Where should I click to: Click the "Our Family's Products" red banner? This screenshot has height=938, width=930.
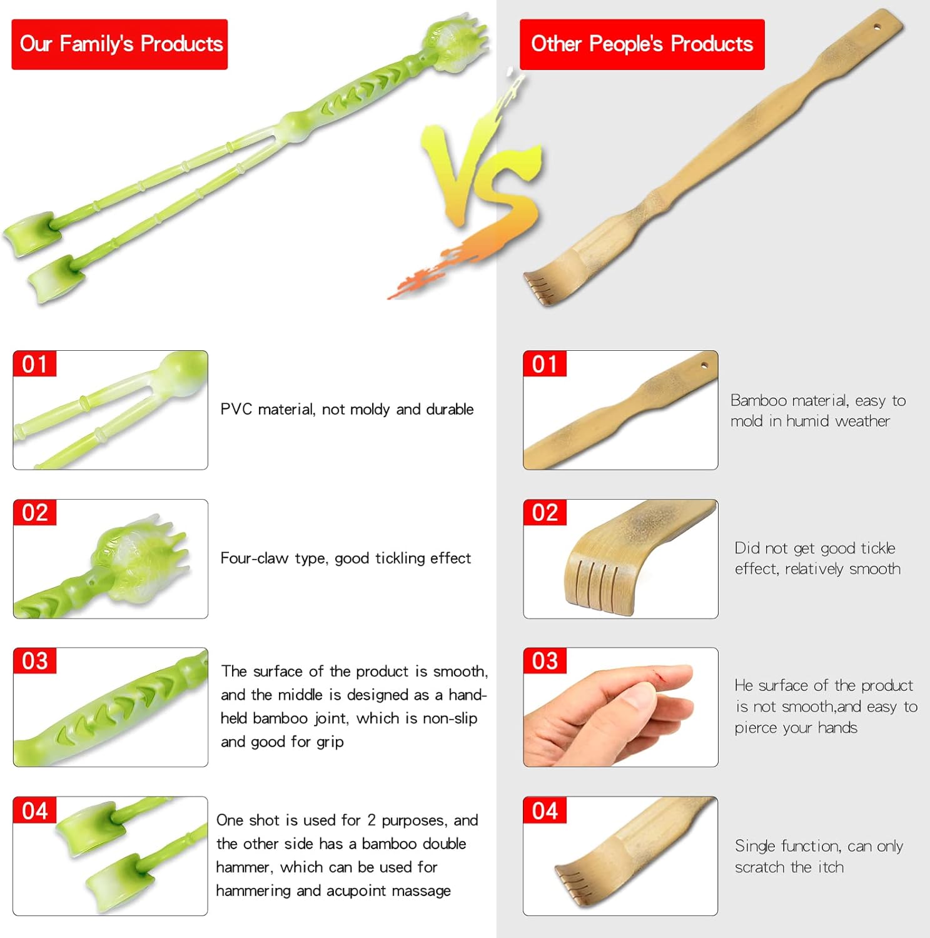pyautogui.click(x=119, y=44)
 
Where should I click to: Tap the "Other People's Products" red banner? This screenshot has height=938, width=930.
pyautogui.click(x=642, y=44)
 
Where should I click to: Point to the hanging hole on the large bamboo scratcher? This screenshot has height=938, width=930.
pyautogui.click(x=876, y=28)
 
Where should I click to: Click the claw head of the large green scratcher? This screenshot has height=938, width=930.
pyautogui.click(x=455, y=38)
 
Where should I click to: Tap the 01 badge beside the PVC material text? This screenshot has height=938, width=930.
pyautogui.click(x=34, y=364)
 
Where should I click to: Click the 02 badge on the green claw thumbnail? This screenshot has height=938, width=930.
pyautogui.click(x=34, y=513)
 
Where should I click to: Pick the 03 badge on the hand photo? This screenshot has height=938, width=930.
pyautogui.click(x=545, y=661)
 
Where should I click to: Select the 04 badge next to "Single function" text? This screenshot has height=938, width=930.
pyautogui.click(x=545, y=810)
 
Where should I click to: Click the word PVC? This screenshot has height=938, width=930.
pyautogui.click(x=236, y=410)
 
